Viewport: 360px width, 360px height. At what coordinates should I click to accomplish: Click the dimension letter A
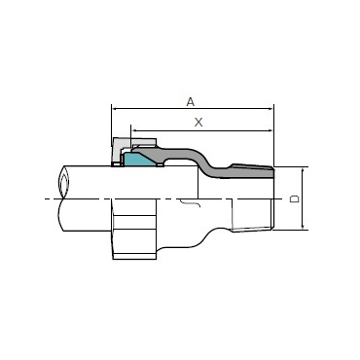tap(191, 102)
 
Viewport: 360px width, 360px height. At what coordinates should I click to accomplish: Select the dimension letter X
tap(198, 123)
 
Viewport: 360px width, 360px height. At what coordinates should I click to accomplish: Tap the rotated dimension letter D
tap(295, 198)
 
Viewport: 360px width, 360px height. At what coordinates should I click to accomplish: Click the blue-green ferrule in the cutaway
tap(138, 160)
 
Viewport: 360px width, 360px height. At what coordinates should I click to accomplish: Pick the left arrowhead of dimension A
tap(114, 109)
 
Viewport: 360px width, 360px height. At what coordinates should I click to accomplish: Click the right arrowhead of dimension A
tap(271, 109)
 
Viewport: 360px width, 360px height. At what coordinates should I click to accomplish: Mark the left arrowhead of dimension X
tap(133, 130)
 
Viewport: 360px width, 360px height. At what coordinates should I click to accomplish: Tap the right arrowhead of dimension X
tap(271, 130)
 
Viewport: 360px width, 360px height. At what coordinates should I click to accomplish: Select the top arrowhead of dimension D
tap(303, 170)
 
